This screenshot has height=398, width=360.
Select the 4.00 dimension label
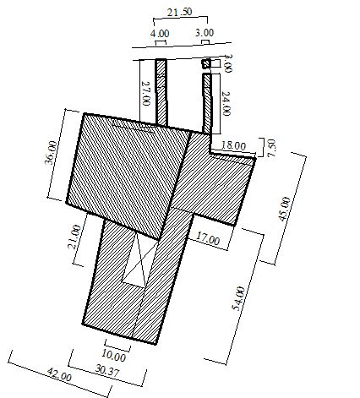[159, 33]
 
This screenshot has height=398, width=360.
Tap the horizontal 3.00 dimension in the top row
[204, 33]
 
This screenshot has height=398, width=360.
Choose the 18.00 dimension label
[233, 145]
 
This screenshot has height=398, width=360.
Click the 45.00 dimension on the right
[285, 210]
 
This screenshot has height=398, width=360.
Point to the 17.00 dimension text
[205, 240]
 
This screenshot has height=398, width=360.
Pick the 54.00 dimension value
[242, 301]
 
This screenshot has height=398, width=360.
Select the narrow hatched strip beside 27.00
[161, 91]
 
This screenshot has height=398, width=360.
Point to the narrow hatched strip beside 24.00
[207, 101]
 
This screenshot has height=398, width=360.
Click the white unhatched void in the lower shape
[134, 262]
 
